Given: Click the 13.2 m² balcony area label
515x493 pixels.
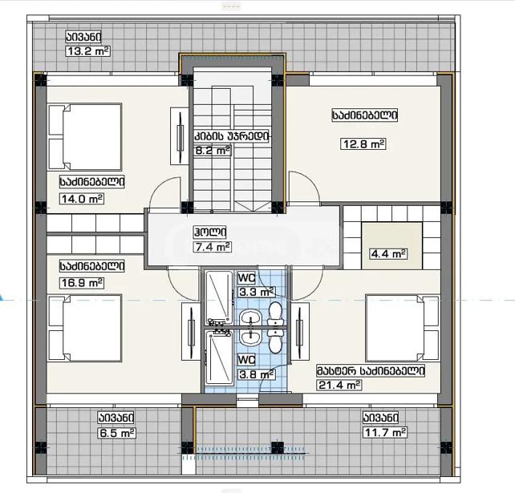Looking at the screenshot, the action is click(88, 51).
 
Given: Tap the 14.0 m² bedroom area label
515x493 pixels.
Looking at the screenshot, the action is click(82, 199).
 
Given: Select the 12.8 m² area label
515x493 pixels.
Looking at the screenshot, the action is click(363, 143).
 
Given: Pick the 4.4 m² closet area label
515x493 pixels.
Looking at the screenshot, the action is click(388, 254).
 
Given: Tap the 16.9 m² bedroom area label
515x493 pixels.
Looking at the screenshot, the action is click(82, 283).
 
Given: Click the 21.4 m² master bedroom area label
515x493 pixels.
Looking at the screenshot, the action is click(339, 385).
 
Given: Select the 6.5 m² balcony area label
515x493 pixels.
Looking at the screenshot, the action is click(117, 433).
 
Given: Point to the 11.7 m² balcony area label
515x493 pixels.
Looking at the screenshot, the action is click(385, 432).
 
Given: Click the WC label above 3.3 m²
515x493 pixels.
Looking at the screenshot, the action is click(246, 278).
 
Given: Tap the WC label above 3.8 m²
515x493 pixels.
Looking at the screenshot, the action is click(246, 360).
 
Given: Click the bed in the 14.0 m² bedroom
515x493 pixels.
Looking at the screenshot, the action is click(85, 137).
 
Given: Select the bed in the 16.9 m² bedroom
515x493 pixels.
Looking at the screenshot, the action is click(85, 328).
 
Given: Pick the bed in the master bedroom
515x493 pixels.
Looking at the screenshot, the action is click(403, 328).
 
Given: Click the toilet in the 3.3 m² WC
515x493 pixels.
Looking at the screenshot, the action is click(275, 313).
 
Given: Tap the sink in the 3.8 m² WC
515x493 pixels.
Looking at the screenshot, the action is click(250, 337).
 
